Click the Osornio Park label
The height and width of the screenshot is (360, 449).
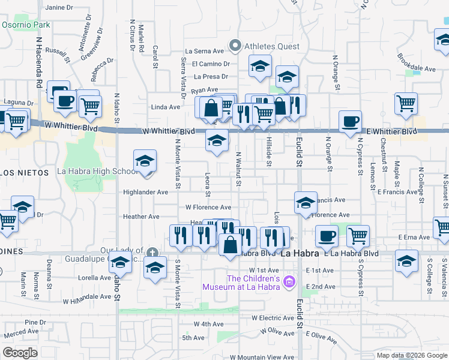[26, 25]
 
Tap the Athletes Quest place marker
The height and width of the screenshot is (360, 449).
[236, 45]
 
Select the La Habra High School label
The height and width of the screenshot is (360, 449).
[97, 171]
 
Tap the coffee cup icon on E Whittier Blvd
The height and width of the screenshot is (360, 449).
[351, 122]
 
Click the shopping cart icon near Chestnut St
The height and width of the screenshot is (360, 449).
[406, 103]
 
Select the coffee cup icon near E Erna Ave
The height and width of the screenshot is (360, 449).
[327, 236]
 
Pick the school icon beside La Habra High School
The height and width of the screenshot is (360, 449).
[145, 161]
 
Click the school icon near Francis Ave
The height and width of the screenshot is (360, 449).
[306, 203]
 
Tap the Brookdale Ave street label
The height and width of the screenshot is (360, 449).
[416, 69]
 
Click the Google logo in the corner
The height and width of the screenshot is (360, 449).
[20, 353]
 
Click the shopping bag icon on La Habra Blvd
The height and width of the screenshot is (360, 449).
[231, 244]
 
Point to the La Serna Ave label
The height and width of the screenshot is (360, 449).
[207, 52]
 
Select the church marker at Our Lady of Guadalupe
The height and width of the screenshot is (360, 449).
[153, 251]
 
